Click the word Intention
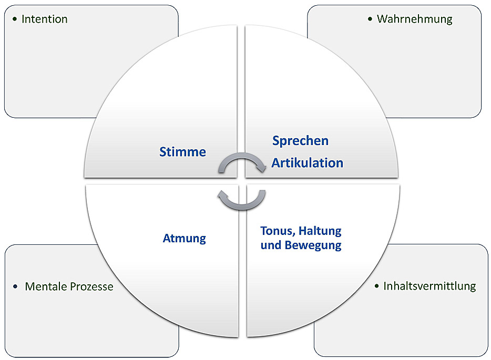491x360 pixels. click(45, 19)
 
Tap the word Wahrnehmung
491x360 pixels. click(414, 19)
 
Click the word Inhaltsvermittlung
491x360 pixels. click(429, 286)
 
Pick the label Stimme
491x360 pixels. click(182, 152)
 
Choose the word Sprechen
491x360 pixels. click(300, 141)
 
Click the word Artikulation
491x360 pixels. click(307, 163)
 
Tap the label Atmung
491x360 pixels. click(184, 239)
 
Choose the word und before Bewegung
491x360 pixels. click(271, 245)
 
